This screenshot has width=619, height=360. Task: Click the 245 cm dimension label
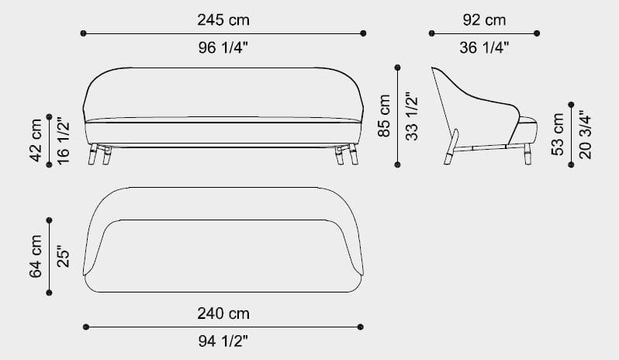tap(223, 19)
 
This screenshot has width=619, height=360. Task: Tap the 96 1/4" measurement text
tap(223, 48)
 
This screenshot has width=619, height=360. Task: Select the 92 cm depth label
tap(484, 19)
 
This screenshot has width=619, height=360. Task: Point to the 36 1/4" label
tap(484, 48)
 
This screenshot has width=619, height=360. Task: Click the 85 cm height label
tap(384, 116)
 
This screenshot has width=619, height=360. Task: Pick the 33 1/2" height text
tap(412, 116)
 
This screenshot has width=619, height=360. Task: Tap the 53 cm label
tap(558, 134)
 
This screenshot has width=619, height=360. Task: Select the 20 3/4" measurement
tap(585, 134)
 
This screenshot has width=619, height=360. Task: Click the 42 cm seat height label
tap(36, 140)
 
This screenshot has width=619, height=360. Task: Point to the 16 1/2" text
tap(63, 140)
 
